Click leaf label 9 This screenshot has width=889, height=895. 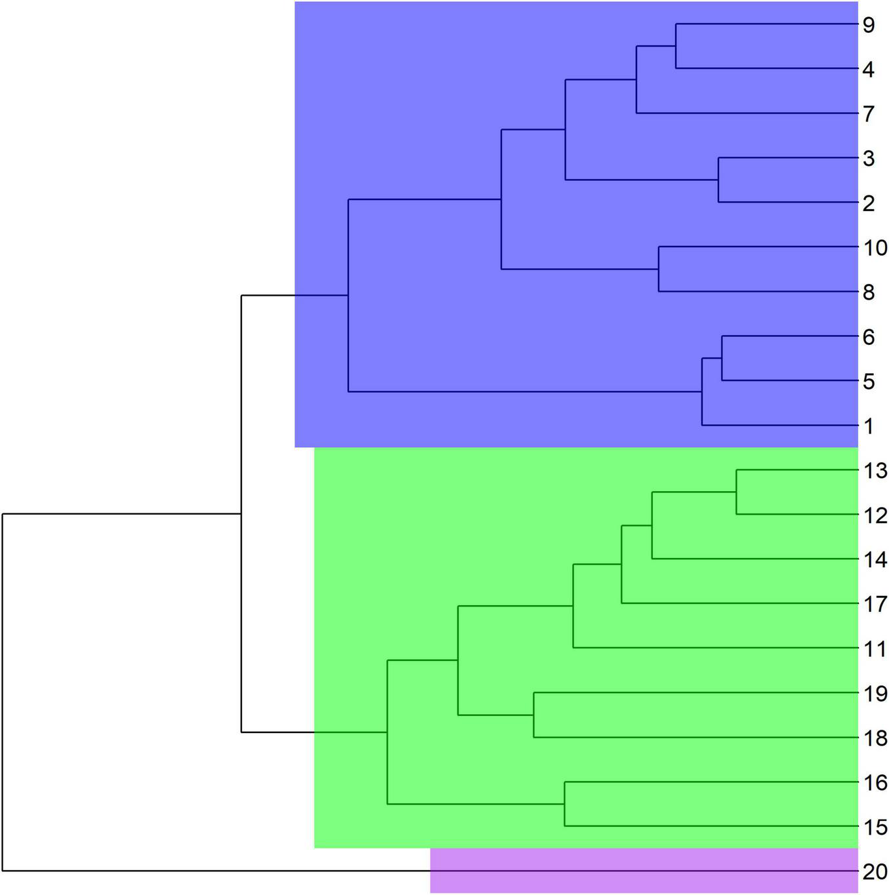pyautogui.click(x=869, y=25)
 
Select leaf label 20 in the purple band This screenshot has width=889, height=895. pyautogui.click(x=875, y=871)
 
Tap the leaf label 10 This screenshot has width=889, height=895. pyautogui.click(x=875, y=248)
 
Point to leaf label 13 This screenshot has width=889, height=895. pyautogui.click(x=875, y=470)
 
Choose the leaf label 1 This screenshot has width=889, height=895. pyautogui.click(x=869, y=426)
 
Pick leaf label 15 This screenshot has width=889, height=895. pyautogui.click(x=875, y=827)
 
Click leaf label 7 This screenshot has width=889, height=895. pyautogui.click(x=869, y=114)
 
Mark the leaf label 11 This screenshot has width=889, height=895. pyautogui.click(x=875, y=648)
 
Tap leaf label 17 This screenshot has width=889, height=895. pyautogui.click(x=875, y=604)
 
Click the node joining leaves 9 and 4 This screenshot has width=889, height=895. pyautogui.click(x=676, y=46)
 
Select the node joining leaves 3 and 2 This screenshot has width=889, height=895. pyautogui.click(x=718, y=180)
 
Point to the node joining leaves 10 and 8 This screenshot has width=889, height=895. pyautogui.click(x=659, y=269)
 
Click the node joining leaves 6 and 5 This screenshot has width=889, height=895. pyautogui.click(x=722, y=358)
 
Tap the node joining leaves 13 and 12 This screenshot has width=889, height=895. pyautogui.click(x=736, y=492)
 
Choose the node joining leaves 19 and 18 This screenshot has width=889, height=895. pyautogui.click(x=533, y=715)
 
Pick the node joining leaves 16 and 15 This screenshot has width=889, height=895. pyautogui.click(x=565, y=804)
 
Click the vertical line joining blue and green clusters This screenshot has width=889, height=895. pyautogui.click(x=241, y=514)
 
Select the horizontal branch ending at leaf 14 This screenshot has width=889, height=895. pyautogui.click(x=755, y=559)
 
